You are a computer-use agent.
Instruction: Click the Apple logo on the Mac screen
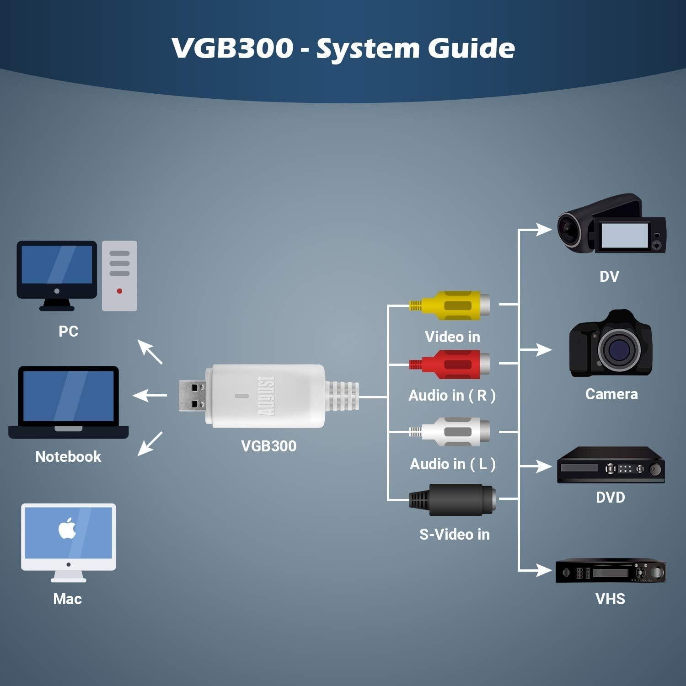[68, 529]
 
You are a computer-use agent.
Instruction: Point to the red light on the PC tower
[119, 291]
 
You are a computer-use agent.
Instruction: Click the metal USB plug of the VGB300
[192, 396]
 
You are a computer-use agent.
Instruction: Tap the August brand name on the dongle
[267, 396]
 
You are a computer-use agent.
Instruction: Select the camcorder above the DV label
[611, 224]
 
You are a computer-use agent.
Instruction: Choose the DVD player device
[611, 466]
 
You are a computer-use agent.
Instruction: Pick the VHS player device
[611, 571]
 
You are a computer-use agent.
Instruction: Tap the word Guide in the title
[471, 48]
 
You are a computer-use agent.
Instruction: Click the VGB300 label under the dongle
[268, 446]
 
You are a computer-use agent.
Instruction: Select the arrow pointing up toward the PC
[150, 351]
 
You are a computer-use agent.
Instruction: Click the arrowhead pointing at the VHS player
[544, 570]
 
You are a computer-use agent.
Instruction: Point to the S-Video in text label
[454, 534]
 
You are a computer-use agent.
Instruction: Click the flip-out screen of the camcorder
[625, 236]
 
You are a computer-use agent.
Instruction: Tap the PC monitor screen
[57, 265]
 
